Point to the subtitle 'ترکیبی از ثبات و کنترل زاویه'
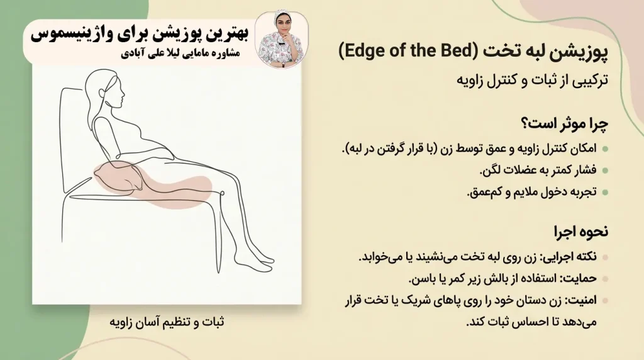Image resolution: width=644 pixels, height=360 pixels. pyautogui.click(x=533, y=81)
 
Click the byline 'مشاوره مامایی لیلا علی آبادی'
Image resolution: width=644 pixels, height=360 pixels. pyautogui.click(x=189, y=53)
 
